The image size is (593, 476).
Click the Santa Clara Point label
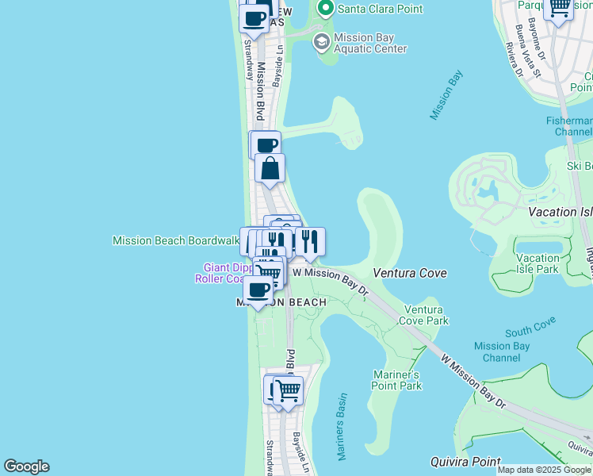pos(380,9)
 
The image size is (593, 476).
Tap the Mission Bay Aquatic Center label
pos(370,43)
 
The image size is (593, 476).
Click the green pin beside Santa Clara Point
pos(324,10)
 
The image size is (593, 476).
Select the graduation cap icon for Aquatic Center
pos(321,42)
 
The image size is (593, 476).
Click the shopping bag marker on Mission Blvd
pos(270,168)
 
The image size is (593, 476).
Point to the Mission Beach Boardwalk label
pos(176,240)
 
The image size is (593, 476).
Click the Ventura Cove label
pos(410,273)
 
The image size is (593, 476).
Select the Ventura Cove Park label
pos(427,315)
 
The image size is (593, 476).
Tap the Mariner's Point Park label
pos(396,380)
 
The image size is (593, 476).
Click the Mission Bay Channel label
pos(502,351)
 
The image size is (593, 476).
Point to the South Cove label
pos(530,328)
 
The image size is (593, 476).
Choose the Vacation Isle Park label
pos(538,263)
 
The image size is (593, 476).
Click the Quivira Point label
pos(465,462)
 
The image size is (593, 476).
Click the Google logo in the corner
pos(26,466)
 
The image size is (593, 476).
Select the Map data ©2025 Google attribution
pos(545,470)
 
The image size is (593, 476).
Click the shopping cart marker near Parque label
pos(560,9)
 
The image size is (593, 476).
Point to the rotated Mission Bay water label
pos(446,95)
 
